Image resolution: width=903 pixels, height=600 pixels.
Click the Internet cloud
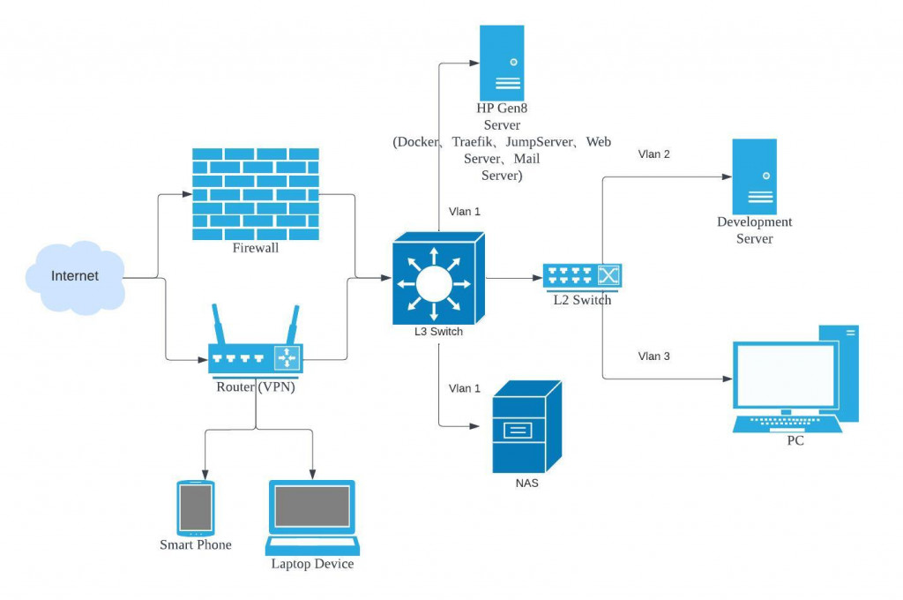coord(74,276)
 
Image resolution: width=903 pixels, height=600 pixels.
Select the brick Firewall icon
coord(256,193)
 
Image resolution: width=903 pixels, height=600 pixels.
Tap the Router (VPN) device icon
coord(256,357)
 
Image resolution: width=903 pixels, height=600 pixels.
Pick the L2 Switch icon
coord(582,277)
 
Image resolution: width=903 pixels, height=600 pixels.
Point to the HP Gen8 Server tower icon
coord(501,64)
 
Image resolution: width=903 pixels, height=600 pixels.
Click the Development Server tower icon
coord(754,176)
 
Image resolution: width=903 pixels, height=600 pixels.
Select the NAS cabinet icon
coord(526,428)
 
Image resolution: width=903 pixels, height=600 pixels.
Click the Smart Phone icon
coord(196,507)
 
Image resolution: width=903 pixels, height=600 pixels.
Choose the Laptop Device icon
coord(312,517)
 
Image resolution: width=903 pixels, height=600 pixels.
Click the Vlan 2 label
coord(654,154)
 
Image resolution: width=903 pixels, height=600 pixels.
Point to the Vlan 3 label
coord(654,356)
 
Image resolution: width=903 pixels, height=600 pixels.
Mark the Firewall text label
coord(255,249)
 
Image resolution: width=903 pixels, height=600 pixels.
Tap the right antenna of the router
coord(292,325)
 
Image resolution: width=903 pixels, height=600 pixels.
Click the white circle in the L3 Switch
coord(434,283)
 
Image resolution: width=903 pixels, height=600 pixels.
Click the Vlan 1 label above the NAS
coord(465,388)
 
